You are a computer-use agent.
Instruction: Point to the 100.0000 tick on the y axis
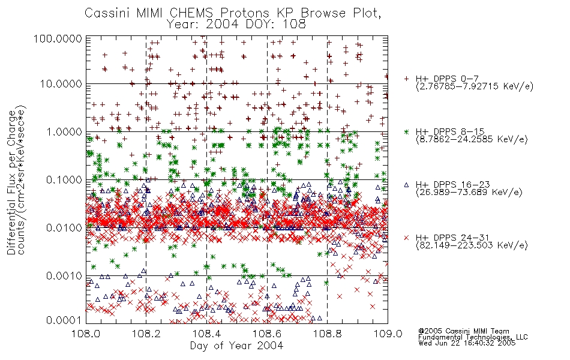tap(58, 38)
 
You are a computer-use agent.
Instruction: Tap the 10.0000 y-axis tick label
tap(61, 84)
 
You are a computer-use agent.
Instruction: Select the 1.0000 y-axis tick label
tap(64, 131)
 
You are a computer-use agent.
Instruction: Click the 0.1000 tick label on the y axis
tap(64, 180)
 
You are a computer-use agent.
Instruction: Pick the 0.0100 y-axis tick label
tap(64, 228)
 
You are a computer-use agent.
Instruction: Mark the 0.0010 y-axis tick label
tap(64, 276)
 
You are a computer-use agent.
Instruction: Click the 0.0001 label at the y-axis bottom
tap(64, 320)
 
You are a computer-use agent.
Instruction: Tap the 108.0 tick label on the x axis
tap(86, 334)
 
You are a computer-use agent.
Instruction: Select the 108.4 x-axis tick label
tap(207, 334)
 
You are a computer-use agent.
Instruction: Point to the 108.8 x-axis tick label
tap(328, 334)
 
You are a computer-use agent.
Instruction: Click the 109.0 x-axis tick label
tap(388, 334)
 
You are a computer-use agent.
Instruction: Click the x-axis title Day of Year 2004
tap(236, 346)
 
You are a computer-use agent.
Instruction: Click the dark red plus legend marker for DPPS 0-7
tap(406, 79)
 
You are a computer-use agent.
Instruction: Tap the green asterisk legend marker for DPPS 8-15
tap(406, 131)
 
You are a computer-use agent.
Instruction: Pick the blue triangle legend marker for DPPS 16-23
tap(406, 185)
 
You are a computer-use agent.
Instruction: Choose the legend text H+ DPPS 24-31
tap(452, 238)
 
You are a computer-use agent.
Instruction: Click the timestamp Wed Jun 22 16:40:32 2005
tap(467, 343)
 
